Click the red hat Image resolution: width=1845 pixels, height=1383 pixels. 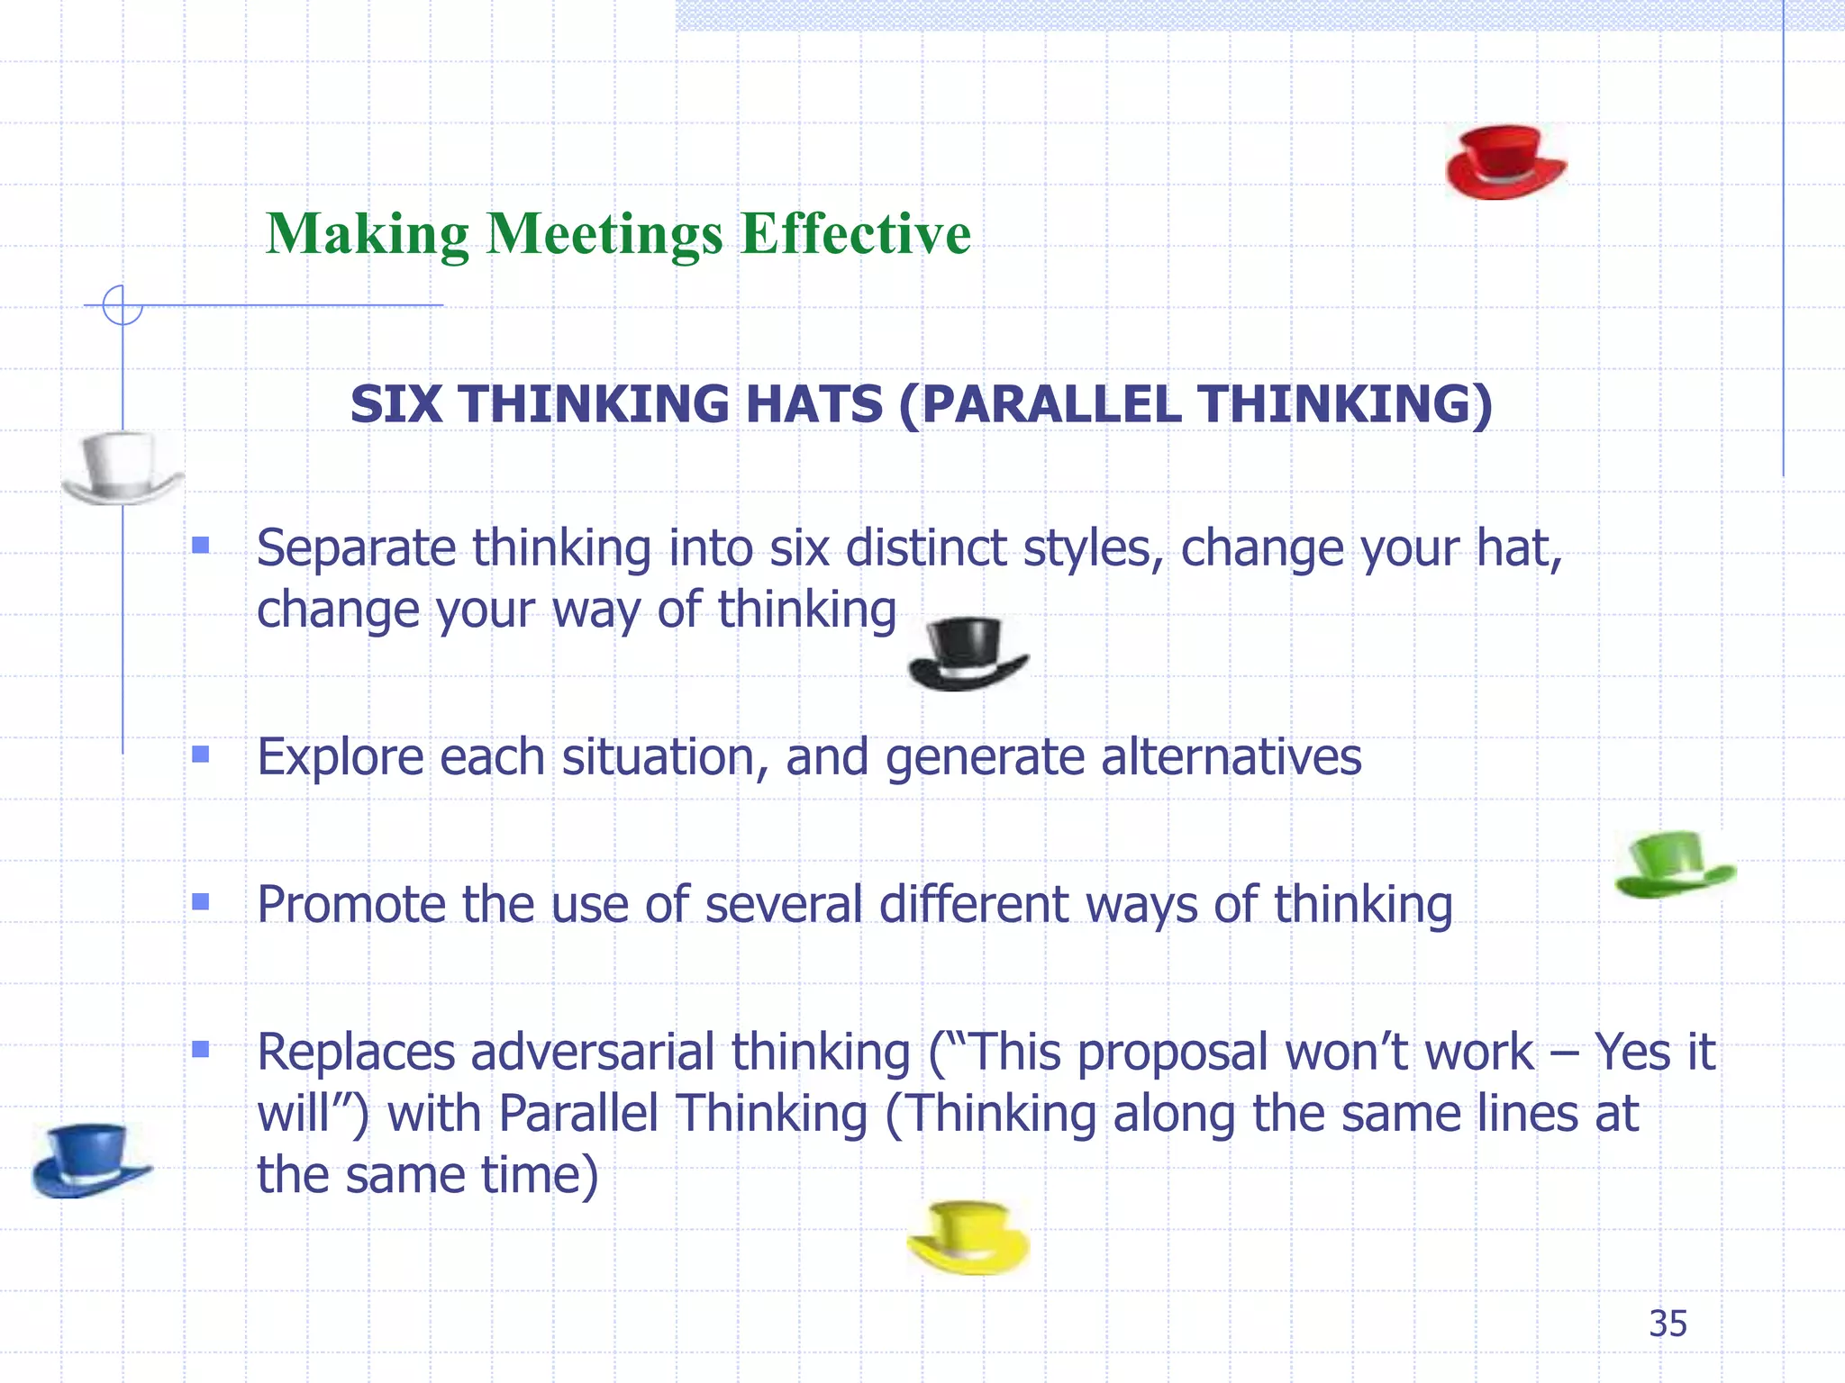pyautogui.click(x=1505, y=162)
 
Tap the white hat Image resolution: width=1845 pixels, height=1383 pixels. pyautogui.click(x=123, y=467)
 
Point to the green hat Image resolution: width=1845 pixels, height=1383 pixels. pyautogui.click(x=1675, y=864)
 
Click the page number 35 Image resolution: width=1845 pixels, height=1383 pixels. pyautogui.click(x=1668, y=1324)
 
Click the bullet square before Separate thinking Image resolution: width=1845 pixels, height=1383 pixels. pyautogui.click(x=201, y=545)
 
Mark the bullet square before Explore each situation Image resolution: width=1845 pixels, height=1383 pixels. pyautogui.click(x=201, y=754)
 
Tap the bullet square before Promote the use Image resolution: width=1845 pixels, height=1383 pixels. pyautogui.click(x=201, y=901)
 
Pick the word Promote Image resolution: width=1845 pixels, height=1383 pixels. pyautogui.click(x=351, y=904)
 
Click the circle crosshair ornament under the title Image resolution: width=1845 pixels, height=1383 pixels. pyautogui.click(x=123, y=305)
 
